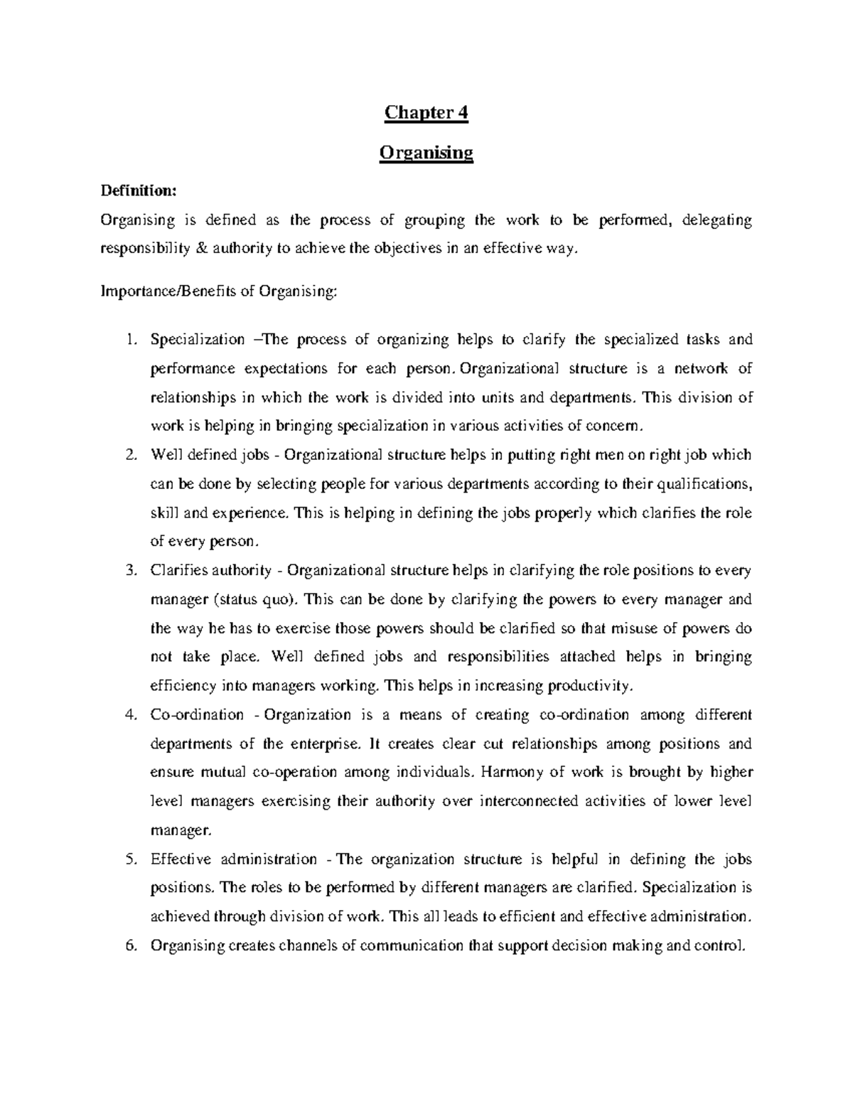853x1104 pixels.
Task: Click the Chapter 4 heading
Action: point(426,113)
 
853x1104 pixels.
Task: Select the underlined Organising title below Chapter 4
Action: point(426,153)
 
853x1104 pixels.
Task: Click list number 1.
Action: point(129,340)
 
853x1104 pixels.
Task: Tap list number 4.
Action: point(129,714)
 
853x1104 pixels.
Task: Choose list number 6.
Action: point(129,945)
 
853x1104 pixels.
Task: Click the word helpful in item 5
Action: point(575,859)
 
